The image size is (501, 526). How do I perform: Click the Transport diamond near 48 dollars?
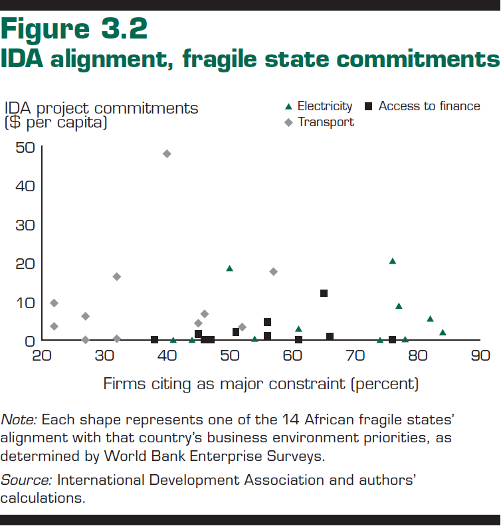pyautogui.click(x=167, y=153)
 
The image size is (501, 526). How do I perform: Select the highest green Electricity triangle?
pyautogui.click(x=392, y=261)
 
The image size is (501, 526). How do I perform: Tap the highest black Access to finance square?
pyautogui.click(x=324, y=293)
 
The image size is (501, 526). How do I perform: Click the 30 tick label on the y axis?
pyautogui.click(x=25, y=224)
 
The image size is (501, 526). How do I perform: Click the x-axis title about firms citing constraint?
pyautogui.click(x=261, y=384)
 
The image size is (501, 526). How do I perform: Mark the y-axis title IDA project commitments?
pyautogui.click(x=101, y=108)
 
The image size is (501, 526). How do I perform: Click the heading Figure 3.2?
pyautogui.click(x=74, y=29)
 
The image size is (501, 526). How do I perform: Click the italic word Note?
pyautogui.click(x=20, y=420)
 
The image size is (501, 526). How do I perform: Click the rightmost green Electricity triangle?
pyautogui.click(x=443, y=332)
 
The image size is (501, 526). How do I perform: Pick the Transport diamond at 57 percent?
pyautogui.click(x=273, y=272)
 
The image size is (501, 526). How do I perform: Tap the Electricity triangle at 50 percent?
pyautogui.click(x=230, y=268)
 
